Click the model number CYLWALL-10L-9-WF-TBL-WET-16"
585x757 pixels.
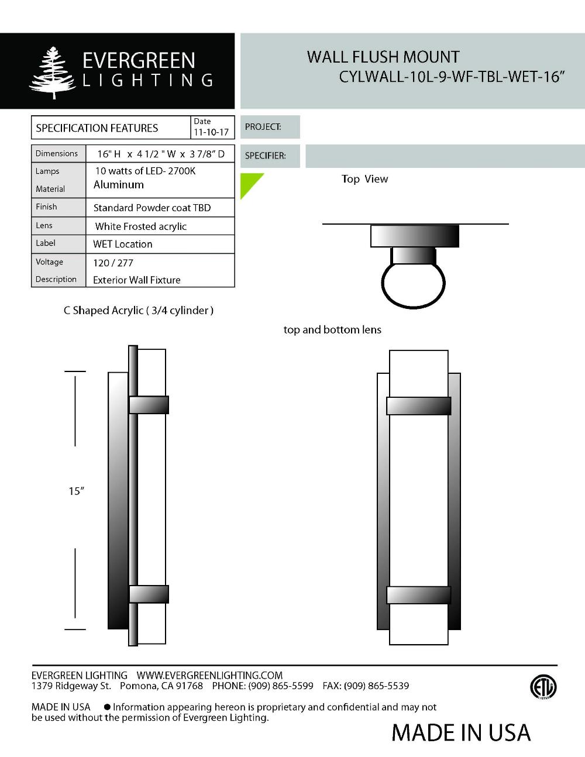pyautogui.click(x=451, y=77)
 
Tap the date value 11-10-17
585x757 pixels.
pyautogui.click(x=211, y=132)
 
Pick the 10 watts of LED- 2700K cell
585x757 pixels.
pyautogui.click(x=145, y=171)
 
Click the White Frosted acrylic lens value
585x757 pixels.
pyautogui.click(x=140, y=226)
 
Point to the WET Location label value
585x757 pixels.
pyautogui.click(x=123, y=244)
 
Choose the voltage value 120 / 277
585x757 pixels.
pyautogui.click(x=113, y=263)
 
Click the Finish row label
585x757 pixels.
pyautogui.click(x=46, y=207)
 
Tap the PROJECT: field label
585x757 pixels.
pyautogui.click(x=263, y=127)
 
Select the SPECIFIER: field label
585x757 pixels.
pyautogui.click(x=265, y=156)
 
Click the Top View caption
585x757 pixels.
pyautogui.click(x=364, y=179)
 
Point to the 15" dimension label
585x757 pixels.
pyautogui.click(x=76, y=491)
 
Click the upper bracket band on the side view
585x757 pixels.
pyautogui.click(x=149, y=405)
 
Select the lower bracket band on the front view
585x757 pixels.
pyautogui.click(x=418, y=595)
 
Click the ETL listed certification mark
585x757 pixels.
pyautogui.click(x=543, y=687)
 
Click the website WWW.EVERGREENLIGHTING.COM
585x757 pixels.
pyautogui.click(x=209, y=675)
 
